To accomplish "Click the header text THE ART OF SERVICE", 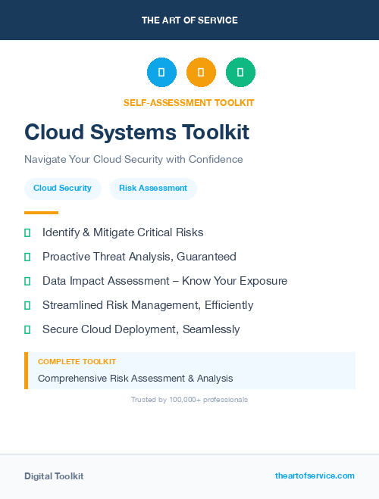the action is point(189,20).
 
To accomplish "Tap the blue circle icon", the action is point(161,73).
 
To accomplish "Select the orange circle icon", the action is point(201,73).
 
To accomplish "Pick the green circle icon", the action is point(240,73).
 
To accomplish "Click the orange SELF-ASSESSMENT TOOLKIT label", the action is point(189,102).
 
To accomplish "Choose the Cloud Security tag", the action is point(62,188).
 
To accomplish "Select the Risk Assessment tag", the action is point(153,188).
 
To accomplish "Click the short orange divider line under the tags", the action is point(41,213).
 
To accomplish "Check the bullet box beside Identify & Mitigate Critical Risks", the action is point(27,232).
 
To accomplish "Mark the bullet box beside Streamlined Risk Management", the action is point(27,305).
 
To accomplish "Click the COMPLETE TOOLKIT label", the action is point(77,362).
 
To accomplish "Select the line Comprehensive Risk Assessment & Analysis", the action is point(136,378).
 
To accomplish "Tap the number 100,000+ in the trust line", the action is point(186,399).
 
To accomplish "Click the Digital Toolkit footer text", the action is point(54,476).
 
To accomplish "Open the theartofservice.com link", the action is point(315,476).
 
